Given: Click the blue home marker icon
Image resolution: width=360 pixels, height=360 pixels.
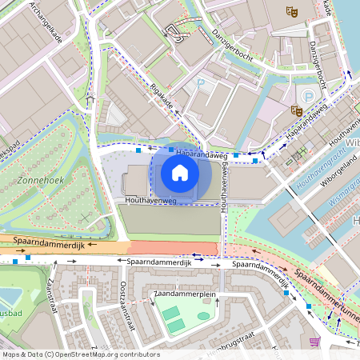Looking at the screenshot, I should coord(180,172).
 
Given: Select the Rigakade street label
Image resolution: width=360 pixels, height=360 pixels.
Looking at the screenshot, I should coord(162,100).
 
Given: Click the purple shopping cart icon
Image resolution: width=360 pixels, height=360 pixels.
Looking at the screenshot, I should coord(314,342).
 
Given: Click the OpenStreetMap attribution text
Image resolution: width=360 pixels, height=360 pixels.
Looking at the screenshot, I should coord(80,354).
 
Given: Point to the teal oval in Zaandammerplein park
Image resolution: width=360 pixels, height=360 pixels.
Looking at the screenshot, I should coord(204,316).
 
